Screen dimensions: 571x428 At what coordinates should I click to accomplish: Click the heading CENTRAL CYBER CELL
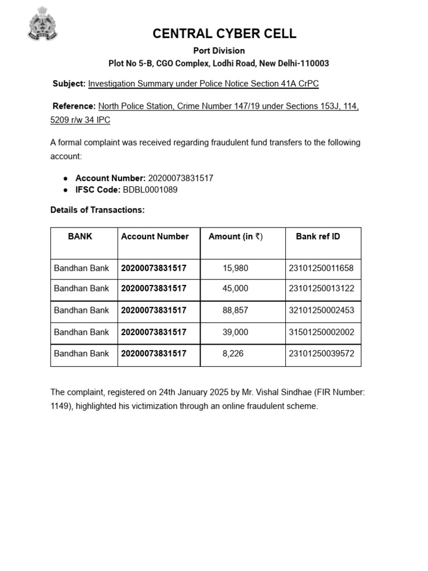pyautogui.click(x=225, y=34)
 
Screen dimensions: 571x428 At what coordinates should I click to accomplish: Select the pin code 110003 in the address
pyautogui.click(x=315, y=64)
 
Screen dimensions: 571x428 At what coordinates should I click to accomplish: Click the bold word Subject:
pyautogui.click(x=69, y=84)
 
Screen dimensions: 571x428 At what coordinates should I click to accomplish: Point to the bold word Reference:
pyautogui.click(x=74, y=106)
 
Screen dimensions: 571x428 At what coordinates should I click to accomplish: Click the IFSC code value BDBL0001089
pyautogui.click(x=150, y=190)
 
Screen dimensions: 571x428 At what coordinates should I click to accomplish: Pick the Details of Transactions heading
pyautogui.click(x=98, y=210)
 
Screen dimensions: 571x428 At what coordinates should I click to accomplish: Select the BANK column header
pyautogui.click(x=80, y=236)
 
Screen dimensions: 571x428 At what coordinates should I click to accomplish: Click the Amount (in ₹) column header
pyautogui.click(x=235, y=236)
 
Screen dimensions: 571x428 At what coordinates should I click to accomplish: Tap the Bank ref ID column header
pyautogui.click(x=318, y=236)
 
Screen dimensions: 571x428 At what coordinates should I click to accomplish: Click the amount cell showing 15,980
pyautogui.click(x=235, y=268)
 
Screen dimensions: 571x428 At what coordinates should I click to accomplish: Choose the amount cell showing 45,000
pyautogui.click(x=235, y=289)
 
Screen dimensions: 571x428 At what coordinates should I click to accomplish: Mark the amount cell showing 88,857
pyautogui.click(x=235, y=310)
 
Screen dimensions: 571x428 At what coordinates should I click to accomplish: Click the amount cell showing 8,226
pyautogui.click(x=233, y=354)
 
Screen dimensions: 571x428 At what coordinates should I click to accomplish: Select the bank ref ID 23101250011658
pyautogui.click(x=321, y=268)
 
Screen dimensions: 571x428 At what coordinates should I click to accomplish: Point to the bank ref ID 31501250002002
pyautogui.click(x=321, y=332)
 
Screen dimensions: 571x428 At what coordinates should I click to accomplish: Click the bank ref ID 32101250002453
pyautogui.click(x=321, y=310)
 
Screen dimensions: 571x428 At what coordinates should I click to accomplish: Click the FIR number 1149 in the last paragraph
pyautogui.click(x=60, y=407)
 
